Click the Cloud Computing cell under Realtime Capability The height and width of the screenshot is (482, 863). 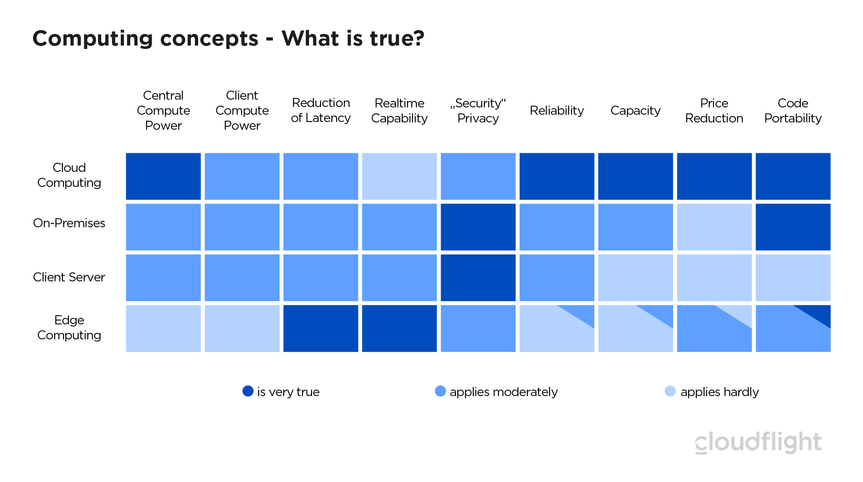click(x=399, y=176)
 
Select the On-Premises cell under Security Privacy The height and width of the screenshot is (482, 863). click(x=478, y=227)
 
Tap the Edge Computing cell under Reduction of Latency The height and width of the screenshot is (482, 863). click(x=321, y=328)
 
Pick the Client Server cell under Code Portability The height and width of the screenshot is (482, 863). click(x=793, y=278)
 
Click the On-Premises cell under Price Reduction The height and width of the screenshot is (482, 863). click(x=714, y=227)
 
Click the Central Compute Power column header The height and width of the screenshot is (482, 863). click(x=163, y=110)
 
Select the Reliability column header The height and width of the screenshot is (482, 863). click(x=557, y=110)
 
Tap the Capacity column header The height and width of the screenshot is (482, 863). click(x=635, y=110)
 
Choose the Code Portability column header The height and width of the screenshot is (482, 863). click(x=793, y=110)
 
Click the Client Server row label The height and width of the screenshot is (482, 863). click(x=69, y=277)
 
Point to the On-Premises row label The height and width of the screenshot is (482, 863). click(x=69, y=223)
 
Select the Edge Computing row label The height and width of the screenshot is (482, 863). click(x=69, y=327)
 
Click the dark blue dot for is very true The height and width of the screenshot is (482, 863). click(x=248, y=391)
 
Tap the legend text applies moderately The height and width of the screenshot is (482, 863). click(x=503, y=392)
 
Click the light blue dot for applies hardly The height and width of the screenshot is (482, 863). click(x=670, y=391)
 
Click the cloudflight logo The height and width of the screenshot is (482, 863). click(x=758, y=442)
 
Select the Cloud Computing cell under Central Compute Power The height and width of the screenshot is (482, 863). click(x=163, y=176)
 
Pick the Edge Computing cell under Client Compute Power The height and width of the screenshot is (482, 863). click(x=242, y=328)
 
